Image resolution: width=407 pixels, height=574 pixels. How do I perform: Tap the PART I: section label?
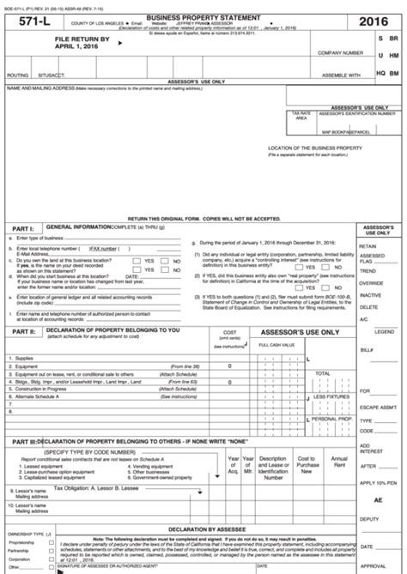pyautogui.click(x=22, y=229)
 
